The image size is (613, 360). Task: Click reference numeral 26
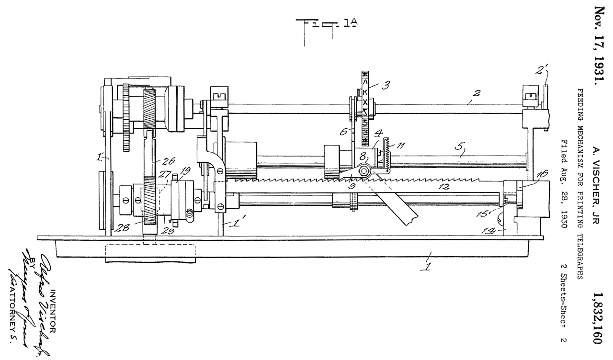169,161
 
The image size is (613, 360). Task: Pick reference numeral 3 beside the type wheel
385,86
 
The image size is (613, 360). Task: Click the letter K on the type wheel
365,92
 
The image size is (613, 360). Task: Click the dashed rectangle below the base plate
150,253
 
